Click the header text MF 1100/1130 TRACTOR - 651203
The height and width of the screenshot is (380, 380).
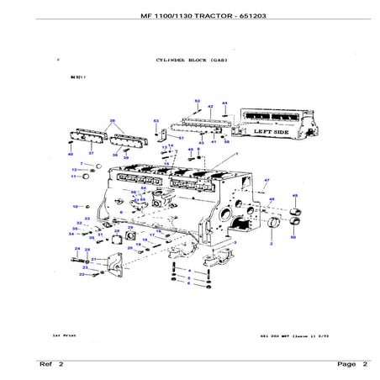coord(189,18)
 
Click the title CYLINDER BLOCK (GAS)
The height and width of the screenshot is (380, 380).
coord(189,61)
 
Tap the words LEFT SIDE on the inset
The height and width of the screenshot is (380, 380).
coord(262,132)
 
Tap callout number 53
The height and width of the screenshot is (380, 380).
coord(156,122)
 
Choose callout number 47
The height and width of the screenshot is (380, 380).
coord(267,181)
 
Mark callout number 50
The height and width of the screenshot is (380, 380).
coord(293,238)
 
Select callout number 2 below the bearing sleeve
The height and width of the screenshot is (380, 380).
coord(271,243)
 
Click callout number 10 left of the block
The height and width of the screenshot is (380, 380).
coord(76,206)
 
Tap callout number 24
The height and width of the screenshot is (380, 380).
coord(76,249)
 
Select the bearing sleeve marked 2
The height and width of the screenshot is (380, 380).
coord(272,223)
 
